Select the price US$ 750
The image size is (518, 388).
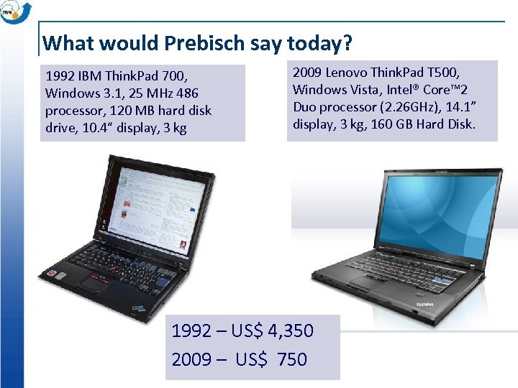(x=276, y=359)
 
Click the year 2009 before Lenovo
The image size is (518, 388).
(x=307, y=73)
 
